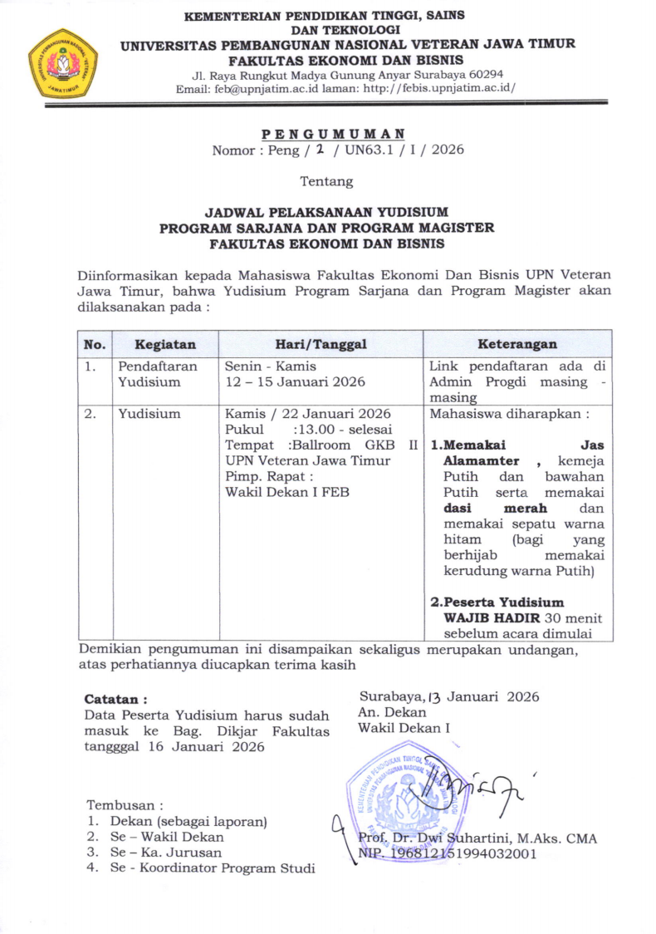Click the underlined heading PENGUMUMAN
tap(334, 134)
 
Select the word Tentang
tap(326, 181)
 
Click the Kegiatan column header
tap(165, 343)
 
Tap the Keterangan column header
tap(517, 343)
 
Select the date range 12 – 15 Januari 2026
tap(296, 381)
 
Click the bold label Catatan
tap(116, 700)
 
